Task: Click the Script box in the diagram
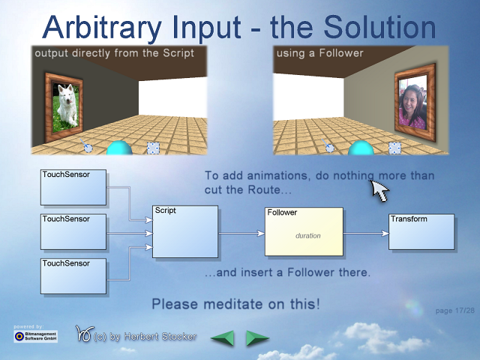(185, 232)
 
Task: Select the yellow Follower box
(304, 232)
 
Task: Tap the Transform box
(421, 232)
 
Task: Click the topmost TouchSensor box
(73, 187)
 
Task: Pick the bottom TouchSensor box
(73, 276)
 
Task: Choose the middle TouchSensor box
(73, 232)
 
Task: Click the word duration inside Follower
(308, 235)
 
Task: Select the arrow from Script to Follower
(241, 233)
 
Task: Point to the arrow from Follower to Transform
(366, 233)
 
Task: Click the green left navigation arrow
(223, 338)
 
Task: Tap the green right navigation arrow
(257, 338)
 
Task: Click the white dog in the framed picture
(67, 105)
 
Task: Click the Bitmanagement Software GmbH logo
(35, 336)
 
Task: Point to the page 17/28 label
(455, 310)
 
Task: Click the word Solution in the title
(379, 27)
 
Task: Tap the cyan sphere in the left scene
(119, 148)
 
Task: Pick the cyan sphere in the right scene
(361, 148)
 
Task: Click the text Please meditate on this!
(236, 304)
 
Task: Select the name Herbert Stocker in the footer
(160, 337)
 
